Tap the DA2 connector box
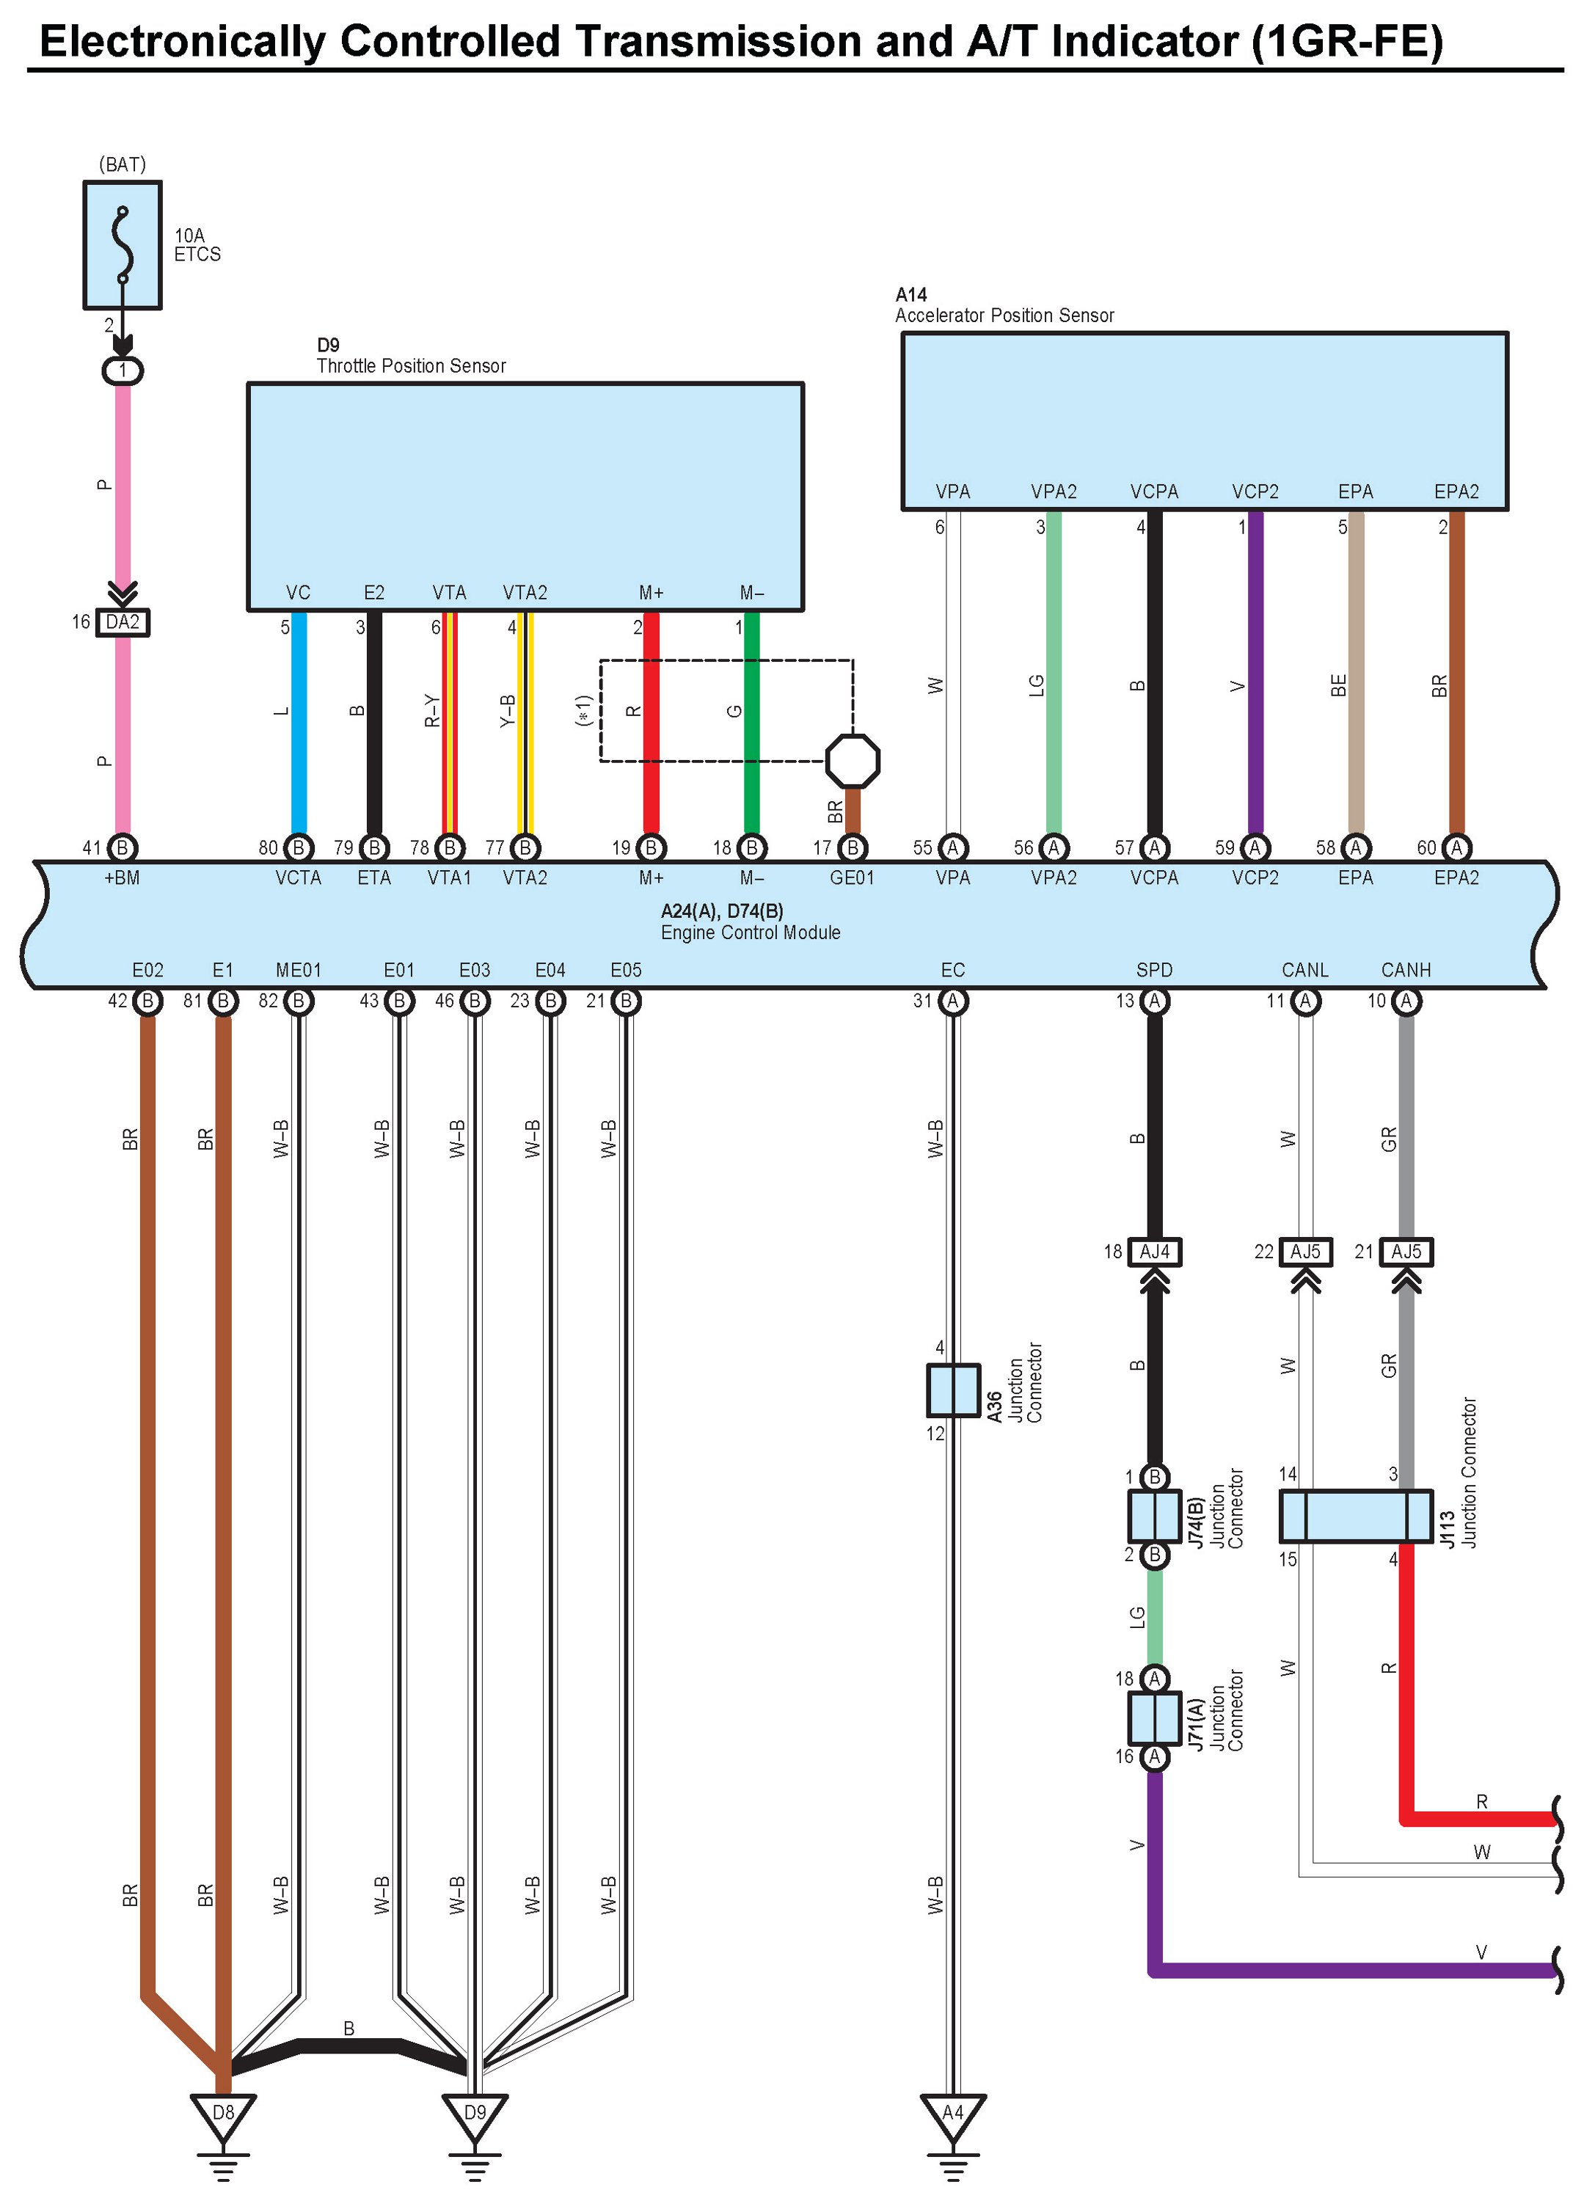click(123, 622)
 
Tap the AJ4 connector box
click(1155, 1252)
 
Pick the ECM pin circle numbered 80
click(299, 848)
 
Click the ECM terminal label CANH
click(1406, 969)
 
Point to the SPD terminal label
click(1155, 969)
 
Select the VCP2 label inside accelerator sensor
click(1255, 492)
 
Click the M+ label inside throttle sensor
click(651, 593)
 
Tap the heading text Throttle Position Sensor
click(412, 366)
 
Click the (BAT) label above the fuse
click(123, 164)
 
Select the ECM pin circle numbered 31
click(953, 1001)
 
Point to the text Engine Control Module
click(751, 932)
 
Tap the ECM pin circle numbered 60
click(1456, 848)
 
